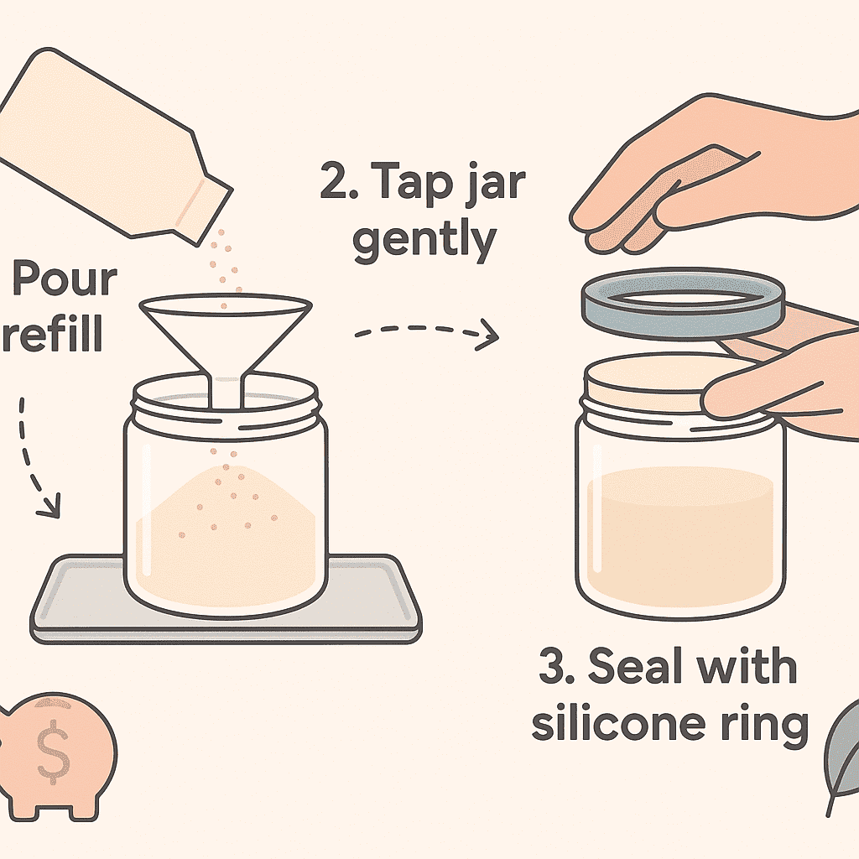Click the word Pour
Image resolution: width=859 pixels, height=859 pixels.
pos(65,279)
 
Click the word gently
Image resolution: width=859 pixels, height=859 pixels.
pos(424,241)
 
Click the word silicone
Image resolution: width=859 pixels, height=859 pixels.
pos(618,723)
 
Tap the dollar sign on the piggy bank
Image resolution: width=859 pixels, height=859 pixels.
pos(53,751)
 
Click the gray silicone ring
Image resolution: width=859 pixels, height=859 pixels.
pos(683,325)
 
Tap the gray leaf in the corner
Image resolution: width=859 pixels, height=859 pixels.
pos(842,756)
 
